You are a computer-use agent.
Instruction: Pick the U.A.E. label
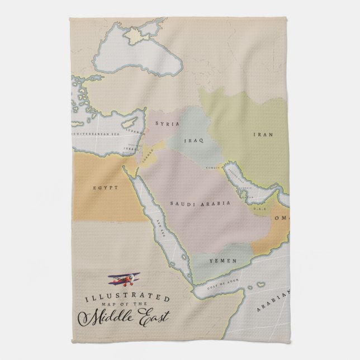click(x=259, y=209)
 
